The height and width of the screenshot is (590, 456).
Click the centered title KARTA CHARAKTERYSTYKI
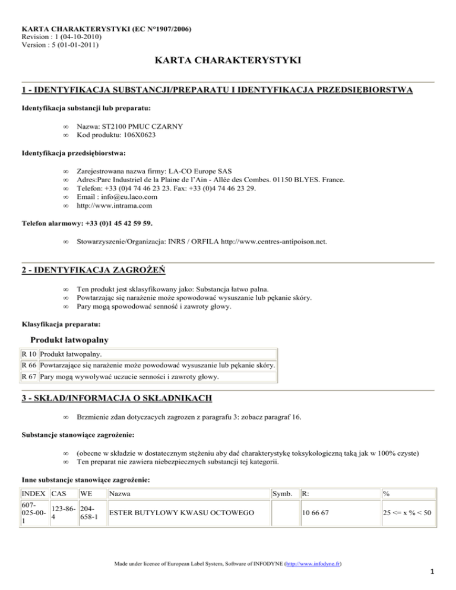228,61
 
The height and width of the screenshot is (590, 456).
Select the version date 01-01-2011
74,45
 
